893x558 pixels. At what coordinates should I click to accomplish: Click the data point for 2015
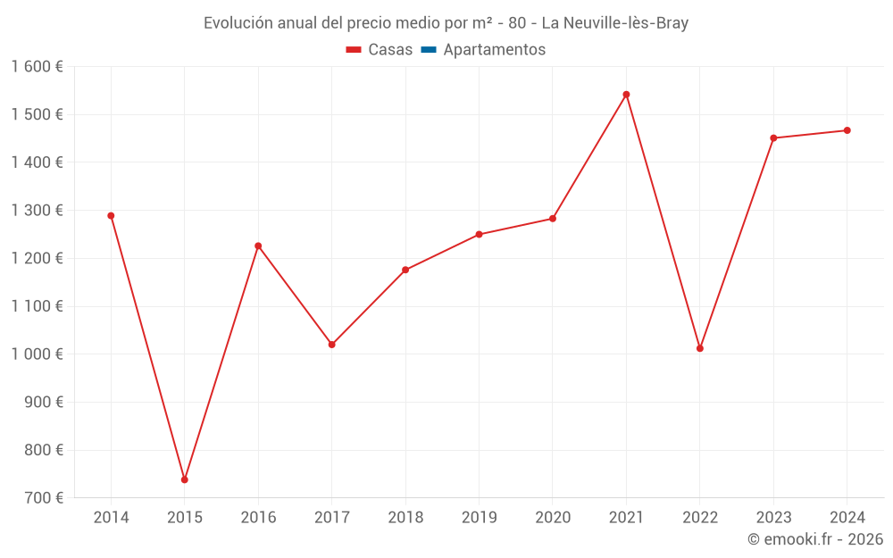pos(185,479)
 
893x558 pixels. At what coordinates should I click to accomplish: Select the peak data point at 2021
pos(626,95)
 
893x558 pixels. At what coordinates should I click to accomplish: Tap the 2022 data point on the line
pos(700,348)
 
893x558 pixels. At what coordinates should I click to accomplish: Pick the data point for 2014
pos(111,215)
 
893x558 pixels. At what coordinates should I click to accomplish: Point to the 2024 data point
pos(847,130)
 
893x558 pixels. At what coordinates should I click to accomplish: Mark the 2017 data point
pos(332,344)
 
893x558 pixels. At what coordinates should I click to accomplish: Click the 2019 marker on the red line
pos(479,234)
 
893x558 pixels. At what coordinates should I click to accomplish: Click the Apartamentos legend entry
pos(494,50)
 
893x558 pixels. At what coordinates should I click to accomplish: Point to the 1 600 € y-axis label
pos(37,67)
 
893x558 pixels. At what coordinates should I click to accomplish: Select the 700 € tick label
pos(45,498)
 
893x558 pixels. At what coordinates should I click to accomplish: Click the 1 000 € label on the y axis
pos(37,354)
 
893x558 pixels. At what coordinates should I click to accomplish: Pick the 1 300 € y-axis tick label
pos(37,211)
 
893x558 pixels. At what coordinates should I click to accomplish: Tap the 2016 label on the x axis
pos(258,518)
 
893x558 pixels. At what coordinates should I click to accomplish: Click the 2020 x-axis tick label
pos(553,518)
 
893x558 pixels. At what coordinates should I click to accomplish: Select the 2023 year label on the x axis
pos(773,518)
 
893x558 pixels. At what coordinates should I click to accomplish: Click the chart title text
pos(446,23)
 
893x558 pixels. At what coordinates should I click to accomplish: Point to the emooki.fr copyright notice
pos(814,539)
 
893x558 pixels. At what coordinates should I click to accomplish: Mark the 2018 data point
pos(405,270)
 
